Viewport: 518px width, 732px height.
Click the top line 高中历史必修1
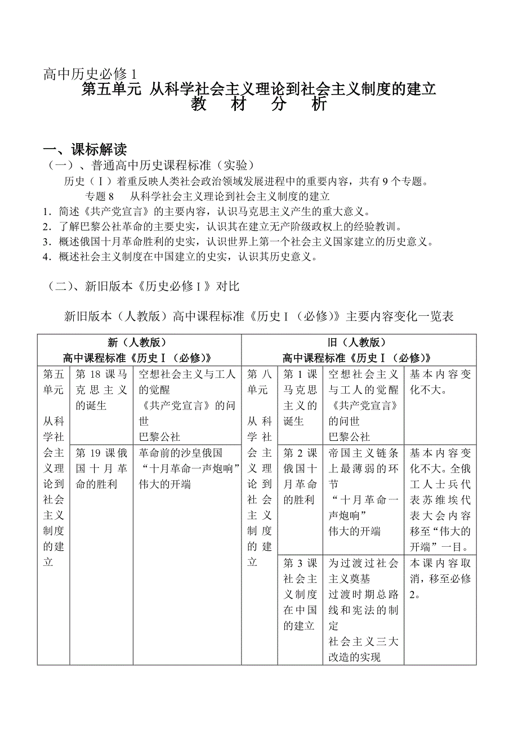pyautogui.click(x=90, y=74)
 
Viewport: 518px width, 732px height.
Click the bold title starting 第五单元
pyautogui.click(x=259, y=89)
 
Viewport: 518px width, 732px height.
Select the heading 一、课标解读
pyautogui.click(x=85, y=149)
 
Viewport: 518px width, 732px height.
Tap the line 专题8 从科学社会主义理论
pyautogui.click(x=207, y=196)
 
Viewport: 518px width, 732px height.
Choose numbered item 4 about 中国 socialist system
pyautogui.click(x=184, y=257)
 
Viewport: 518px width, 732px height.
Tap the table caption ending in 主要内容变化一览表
pyautogui.click(x=259, y=316)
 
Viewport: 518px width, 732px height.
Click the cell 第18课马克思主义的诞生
pyautogui.click(x=101, y=390)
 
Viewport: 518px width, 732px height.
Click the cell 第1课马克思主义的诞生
pyautogui.click(x=300, y=398)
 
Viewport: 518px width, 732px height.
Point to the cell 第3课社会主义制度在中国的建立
pyautogui.click(x=300, y=594)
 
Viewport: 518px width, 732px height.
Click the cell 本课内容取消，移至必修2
pyautogui.click(x=440, y=578)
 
